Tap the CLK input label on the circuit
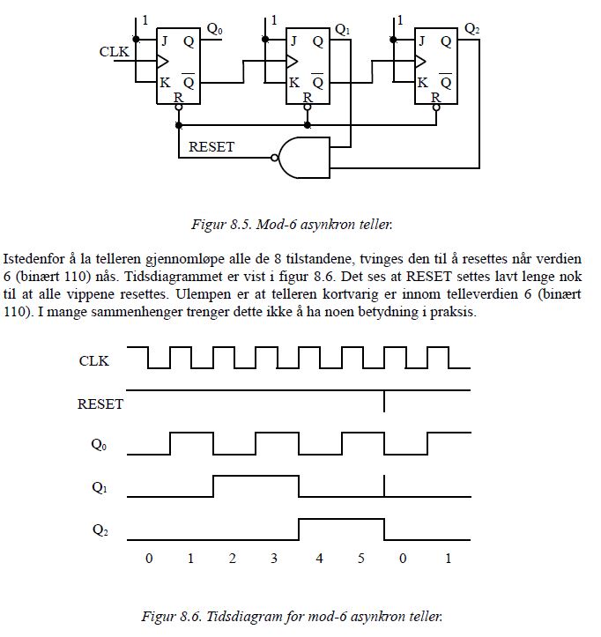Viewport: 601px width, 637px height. pos(115,52)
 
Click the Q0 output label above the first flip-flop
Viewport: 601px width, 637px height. pos(214,29)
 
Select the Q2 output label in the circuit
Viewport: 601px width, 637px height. pos(471,29)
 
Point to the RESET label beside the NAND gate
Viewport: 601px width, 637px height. pos(211,146)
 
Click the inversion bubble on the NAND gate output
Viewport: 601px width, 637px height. pos(275,158)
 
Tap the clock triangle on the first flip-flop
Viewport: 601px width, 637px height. pos(162,62)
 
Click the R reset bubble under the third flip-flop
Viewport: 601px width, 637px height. pos(436,107)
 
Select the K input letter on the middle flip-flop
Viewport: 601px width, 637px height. pos(293,83)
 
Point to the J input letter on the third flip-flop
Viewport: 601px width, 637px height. pos(422,41)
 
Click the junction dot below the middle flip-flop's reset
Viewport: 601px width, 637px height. pos(308,125)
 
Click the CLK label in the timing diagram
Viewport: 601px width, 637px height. pos(94,360)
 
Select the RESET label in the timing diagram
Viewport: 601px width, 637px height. pos(100,404)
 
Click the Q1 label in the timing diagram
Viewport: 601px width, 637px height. pos(100,487)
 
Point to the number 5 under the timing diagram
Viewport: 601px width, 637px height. pos(360,559)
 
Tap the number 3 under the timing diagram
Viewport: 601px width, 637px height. pos(274,559)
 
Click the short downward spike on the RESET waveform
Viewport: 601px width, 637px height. pos(384,401)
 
